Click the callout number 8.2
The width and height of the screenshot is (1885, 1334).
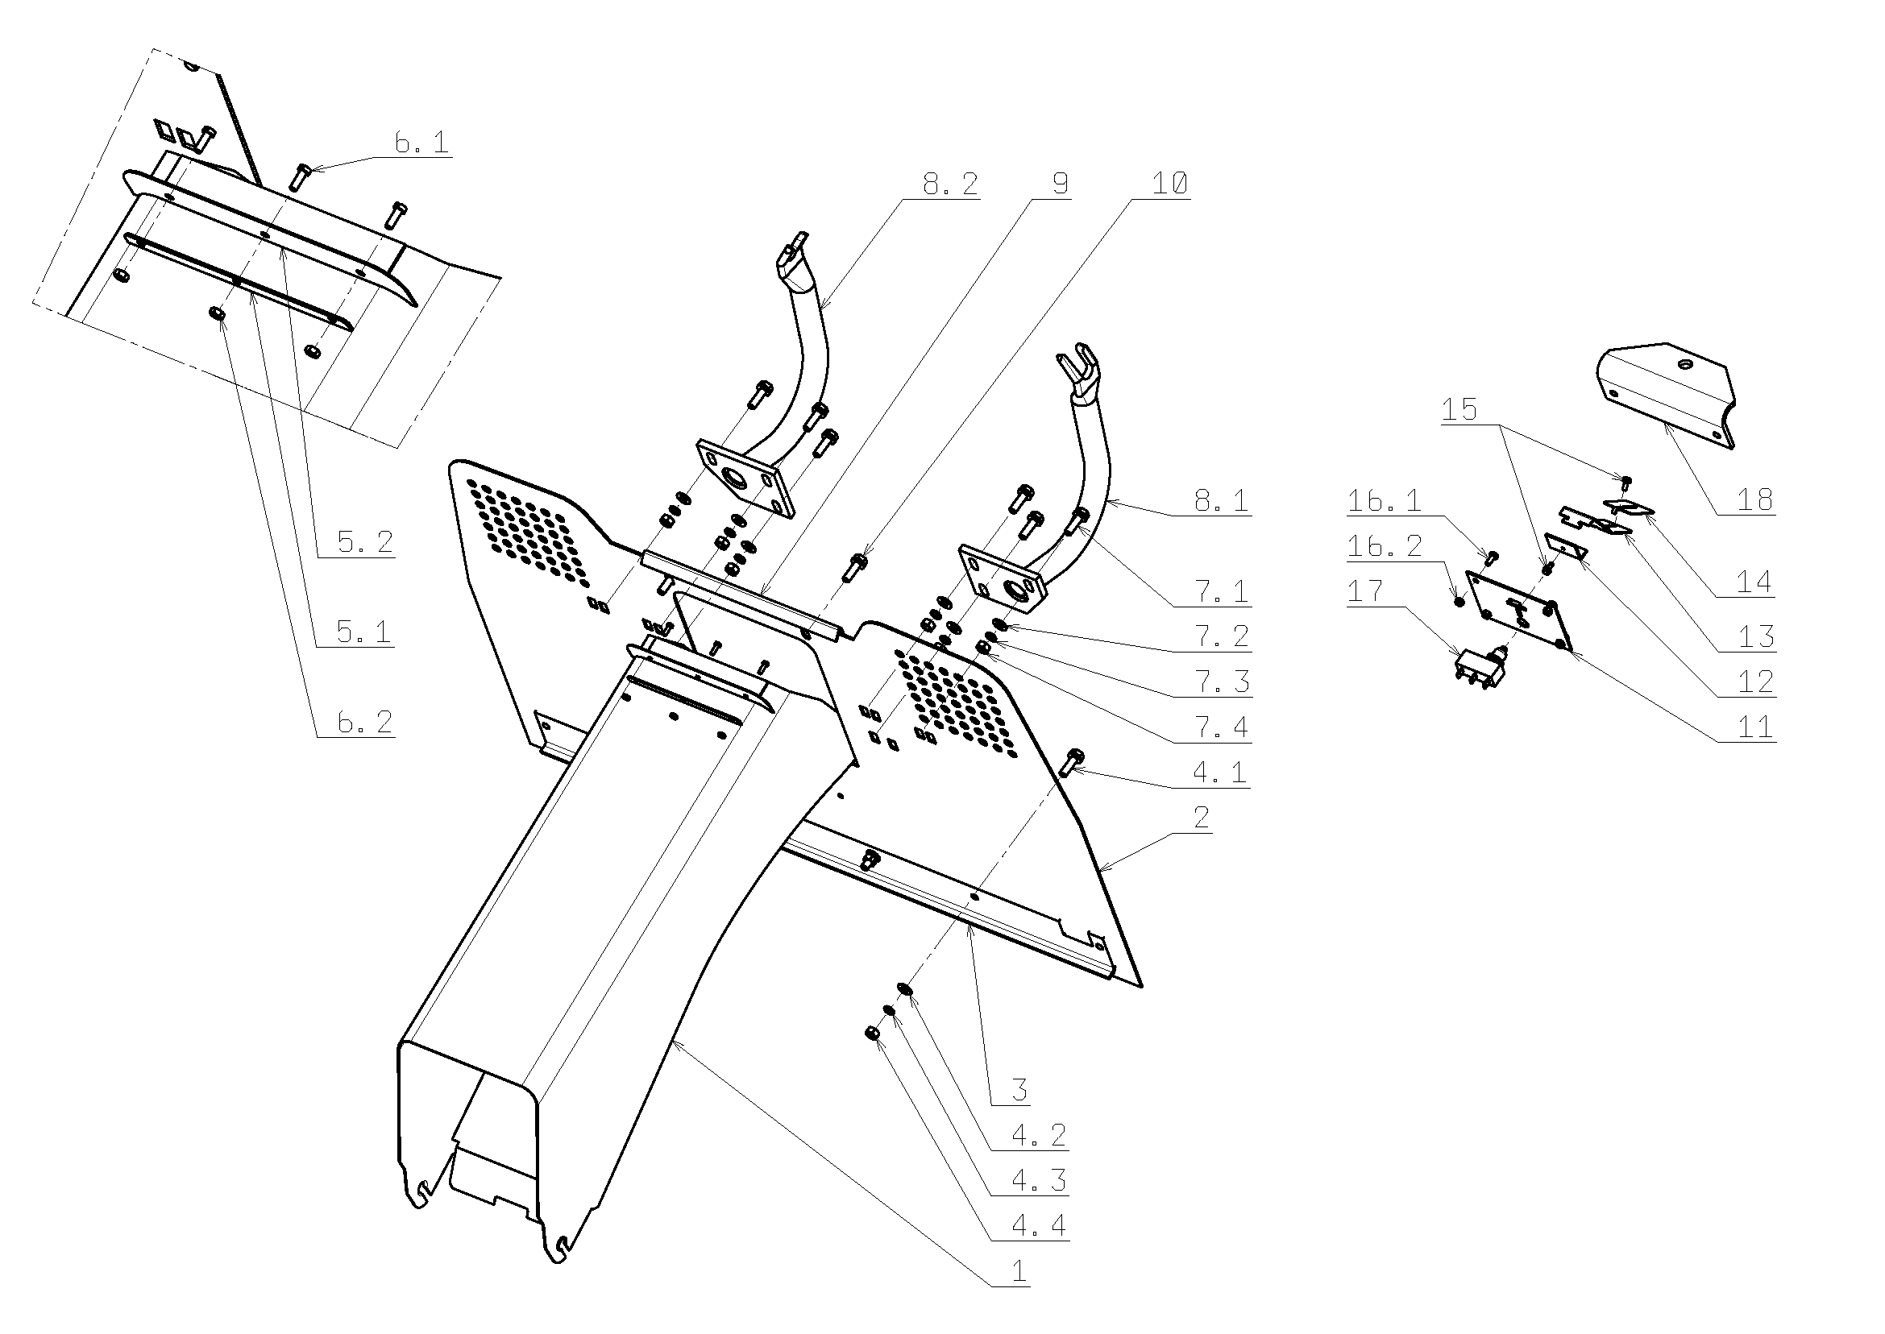coord(951,184)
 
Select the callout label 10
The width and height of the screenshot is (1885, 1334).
coord(1169,184)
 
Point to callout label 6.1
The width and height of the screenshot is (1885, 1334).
coord(421,143)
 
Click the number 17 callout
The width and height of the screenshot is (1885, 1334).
coord(1365,590)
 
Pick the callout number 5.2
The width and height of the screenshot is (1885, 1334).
coord(366,542)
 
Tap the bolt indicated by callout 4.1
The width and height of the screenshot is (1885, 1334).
coord(1071,761)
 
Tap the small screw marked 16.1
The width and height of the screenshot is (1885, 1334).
coord(1493,558)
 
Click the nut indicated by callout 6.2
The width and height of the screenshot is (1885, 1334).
coord(218,314)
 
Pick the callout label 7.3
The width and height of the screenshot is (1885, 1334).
coord(1221,681)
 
